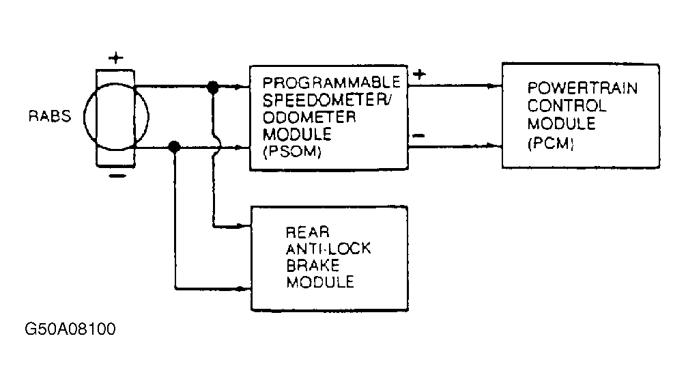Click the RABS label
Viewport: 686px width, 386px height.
click(x=49, y=116)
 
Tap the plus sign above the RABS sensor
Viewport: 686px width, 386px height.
click(x=116, y=58)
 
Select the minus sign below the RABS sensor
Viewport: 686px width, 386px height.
click(x=117, y=176)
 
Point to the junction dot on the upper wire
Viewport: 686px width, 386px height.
click(x=213, y=87)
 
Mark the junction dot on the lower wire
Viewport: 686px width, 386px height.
click(x=174, y=147)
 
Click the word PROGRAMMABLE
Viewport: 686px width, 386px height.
click(x=332, y=82)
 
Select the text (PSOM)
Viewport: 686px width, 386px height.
click(x=292, y=152)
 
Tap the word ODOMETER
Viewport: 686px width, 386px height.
click(x=309, y=117)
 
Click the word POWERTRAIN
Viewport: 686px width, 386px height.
click(x=582, y=88)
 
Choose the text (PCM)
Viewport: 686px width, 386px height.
click(x=550, y=143)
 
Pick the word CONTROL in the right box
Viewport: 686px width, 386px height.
click(x=567, y=106)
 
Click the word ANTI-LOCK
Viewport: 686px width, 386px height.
click(x=328, y=249)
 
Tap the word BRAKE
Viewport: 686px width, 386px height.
click(x=313, y=265)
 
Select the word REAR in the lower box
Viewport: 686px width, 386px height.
click(x=308, y=232)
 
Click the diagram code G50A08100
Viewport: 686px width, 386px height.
click(x=70, y=329)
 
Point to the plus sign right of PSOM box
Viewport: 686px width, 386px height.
click(x=419, y=74)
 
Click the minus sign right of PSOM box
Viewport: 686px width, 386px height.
click(x=418, y=136)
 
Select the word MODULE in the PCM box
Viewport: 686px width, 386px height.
click(x=561, y=124)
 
